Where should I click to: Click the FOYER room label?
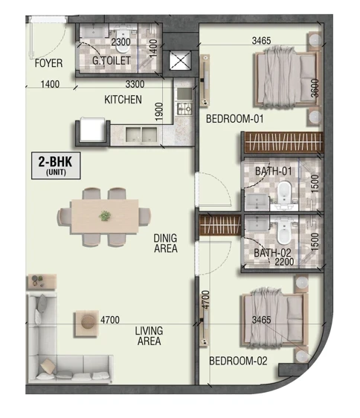[x=49, y=63]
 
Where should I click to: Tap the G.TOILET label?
[x=112, y=60]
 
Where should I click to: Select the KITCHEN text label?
[x=123, y=100]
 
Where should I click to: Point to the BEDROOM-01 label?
[x=234, y=118]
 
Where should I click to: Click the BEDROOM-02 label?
[x=238, y=361]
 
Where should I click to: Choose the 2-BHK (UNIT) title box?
[x=56, y=165]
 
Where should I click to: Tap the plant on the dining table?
[x=105, y=216]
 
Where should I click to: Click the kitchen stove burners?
[x=184, y=109]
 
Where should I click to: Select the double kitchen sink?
[x=141, y=135]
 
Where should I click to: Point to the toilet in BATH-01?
[x=284, y=193]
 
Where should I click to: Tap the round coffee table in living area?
[x=89, y=322]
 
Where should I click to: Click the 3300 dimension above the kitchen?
[x=135, y=84]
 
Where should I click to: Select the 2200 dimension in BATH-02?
[x=284, y=262]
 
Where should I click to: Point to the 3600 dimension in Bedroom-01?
[x=315, y=88]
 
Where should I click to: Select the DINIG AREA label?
[x=166, y=243]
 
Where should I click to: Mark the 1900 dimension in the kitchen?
[x=158, y=112]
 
